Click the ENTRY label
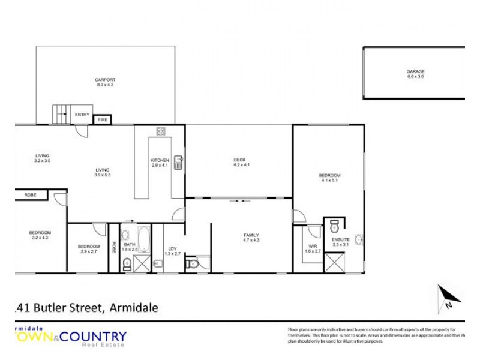click(82, 114)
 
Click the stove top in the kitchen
click(161, 131)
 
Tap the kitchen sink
click(178, 163)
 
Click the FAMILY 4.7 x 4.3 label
click(251, 237)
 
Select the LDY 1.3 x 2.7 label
click(172, 251)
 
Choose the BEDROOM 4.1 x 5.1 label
click(329, 178)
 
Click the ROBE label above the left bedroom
click(29, 195)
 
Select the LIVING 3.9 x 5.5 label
click(101, 173)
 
